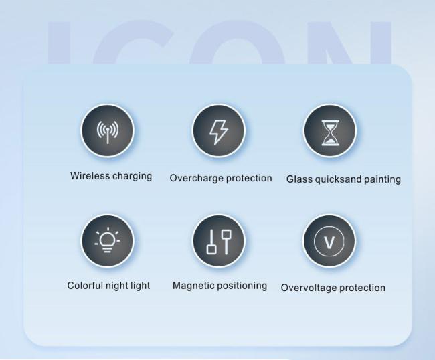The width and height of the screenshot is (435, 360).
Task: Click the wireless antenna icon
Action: [108, 132]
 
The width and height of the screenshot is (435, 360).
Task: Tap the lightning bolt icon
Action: [219, 132]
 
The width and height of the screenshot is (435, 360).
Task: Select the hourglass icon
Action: [330, 133]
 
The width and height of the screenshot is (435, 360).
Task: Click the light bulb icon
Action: [108, 240]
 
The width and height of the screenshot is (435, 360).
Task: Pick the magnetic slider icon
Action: [219, 242]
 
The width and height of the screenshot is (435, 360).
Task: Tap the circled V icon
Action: [329, 242]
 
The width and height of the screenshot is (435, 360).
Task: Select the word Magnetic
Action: [193, 286]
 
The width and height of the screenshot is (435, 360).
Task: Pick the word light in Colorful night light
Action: [141, 286]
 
